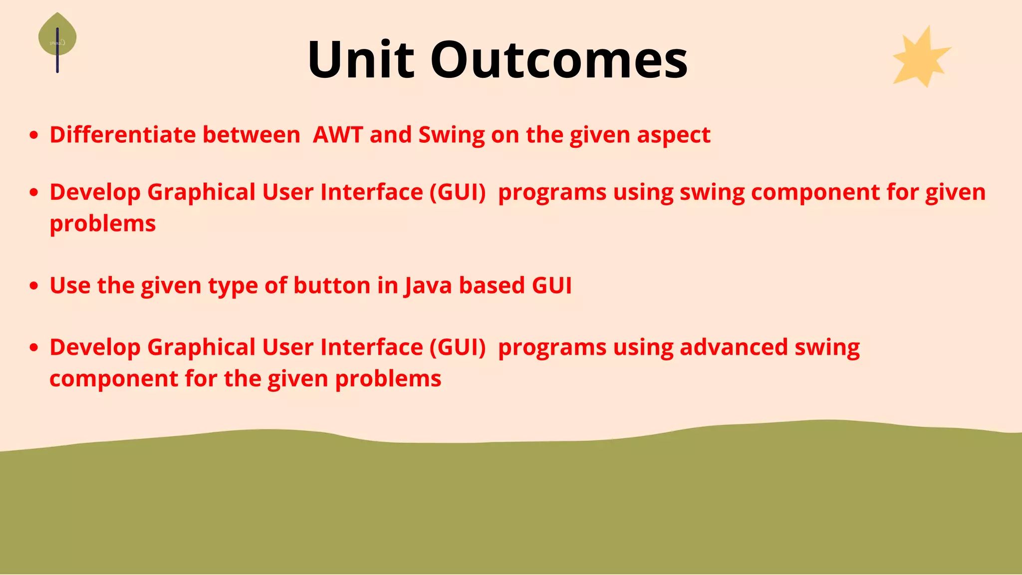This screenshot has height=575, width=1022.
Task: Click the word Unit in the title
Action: click(x=360, y=60)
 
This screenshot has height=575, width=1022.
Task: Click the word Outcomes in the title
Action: click(x=559, y=60)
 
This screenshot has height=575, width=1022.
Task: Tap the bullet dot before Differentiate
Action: click(x=34, y=135)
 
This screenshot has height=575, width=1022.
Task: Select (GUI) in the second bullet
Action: click(x=458, y=192)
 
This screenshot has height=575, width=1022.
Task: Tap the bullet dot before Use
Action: click(x=34, y=286)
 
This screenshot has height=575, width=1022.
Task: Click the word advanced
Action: click(x=734, y=347)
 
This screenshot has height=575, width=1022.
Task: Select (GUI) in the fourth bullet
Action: click(x=458, y=347)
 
